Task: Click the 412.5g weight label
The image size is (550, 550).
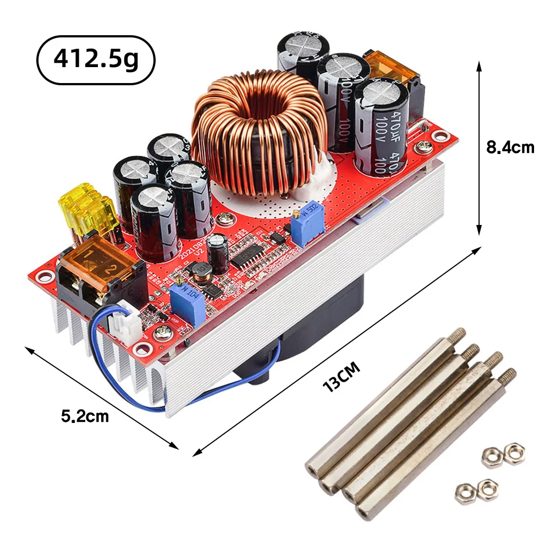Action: (x=96, y=60)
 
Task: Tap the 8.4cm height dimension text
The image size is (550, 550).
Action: (x=510, y=147)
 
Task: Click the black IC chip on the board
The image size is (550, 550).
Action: (x=250, y=256)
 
